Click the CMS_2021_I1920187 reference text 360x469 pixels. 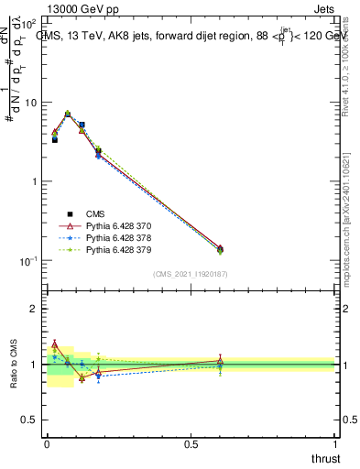tap(190, 274)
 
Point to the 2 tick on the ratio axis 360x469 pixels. tap(34, 309)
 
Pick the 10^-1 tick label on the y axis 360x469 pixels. tap(28, 261)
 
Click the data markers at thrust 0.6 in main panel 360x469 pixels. tap(219, 249)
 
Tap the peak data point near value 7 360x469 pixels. tap(68, 114)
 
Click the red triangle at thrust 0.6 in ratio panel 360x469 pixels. tap(219, 361)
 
